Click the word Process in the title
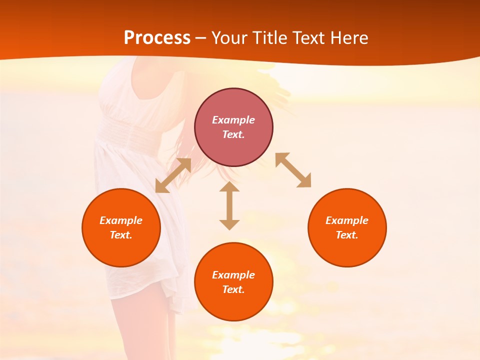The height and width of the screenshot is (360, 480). point(157,38)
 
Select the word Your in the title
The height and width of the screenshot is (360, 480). point(230,38)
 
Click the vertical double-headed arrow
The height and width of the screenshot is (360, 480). point(229,205)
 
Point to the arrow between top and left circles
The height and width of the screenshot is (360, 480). point(173,175)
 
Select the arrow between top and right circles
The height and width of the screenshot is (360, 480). point(293,170)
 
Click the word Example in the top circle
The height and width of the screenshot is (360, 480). point(233,120)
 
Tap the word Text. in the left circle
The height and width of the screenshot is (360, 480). point(121,235)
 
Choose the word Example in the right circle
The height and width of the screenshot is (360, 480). point(347,220)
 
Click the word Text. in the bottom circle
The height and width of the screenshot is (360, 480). point(233,289)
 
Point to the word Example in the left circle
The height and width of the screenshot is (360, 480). point(121,220)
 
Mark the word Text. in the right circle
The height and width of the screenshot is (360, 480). point(347,235)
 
